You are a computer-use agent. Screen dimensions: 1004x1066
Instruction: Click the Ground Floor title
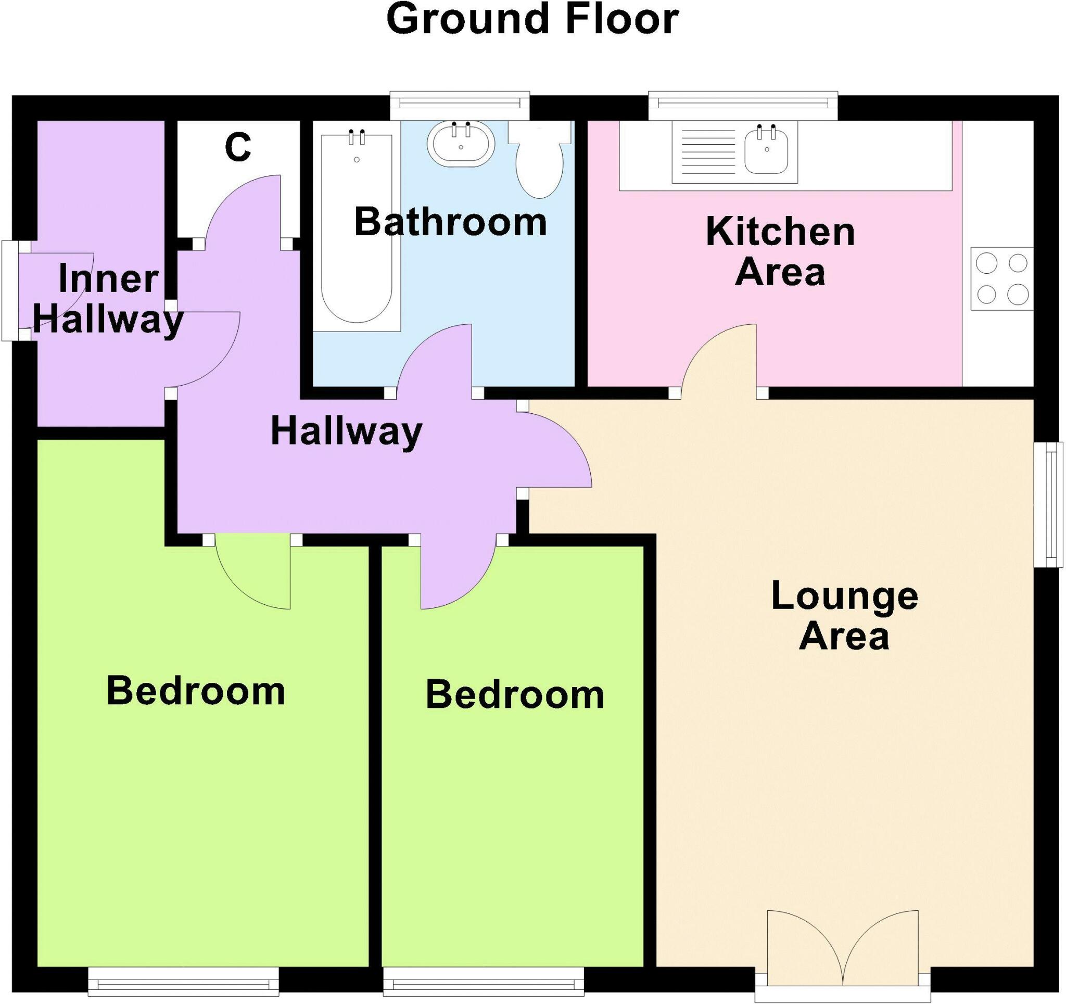[532, 20]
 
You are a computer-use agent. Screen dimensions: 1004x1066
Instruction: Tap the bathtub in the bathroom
[357, 231]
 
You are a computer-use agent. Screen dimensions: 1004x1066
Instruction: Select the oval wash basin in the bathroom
[461, 144]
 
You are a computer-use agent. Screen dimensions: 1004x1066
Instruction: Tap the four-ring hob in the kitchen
[1001, 278]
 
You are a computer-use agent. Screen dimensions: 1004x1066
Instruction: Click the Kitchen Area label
[780, 252]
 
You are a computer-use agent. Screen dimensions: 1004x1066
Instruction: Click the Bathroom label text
[450, 222]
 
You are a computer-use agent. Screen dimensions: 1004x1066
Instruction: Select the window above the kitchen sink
[743, 106]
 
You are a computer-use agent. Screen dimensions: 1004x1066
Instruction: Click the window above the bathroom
[460, 106]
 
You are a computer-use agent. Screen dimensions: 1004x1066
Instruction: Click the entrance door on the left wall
[11, 290]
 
